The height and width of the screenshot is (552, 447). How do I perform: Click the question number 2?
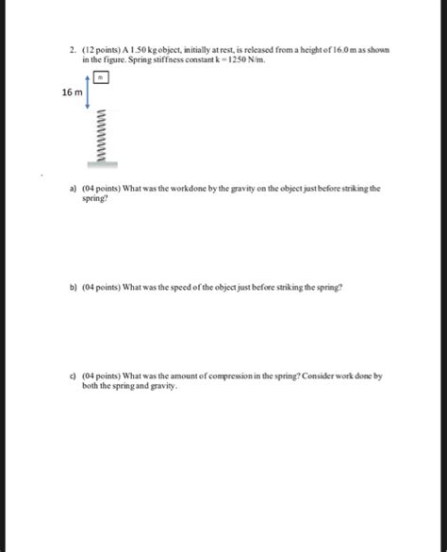pos(73,47)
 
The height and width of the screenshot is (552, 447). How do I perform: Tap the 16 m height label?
pos(72,92)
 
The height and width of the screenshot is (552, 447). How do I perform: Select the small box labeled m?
pos(110,79)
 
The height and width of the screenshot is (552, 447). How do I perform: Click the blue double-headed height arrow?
pos(89,92)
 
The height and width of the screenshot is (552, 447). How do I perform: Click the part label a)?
pos(73,188)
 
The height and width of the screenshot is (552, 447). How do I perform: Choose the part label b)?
pos(73,286)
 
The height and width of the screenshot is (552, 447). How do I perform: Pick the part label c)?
pos(73,375)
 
